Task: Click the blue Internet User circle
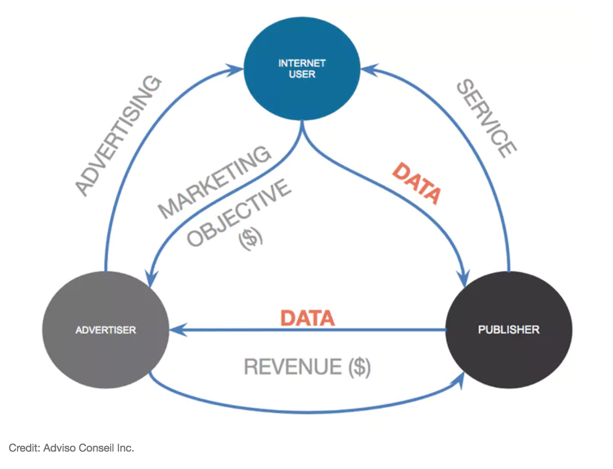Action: click(302, 69)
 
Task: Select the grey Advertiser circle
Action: click(105, 330)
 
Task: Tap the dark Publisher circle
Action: click(509, 330)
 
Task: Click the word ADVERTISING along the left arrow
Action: click(118, 136)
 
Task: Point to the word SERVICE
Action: click(486, 119)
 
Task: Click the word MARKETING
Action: click(214, 182)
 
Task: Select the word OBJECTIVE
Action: click(239, 213)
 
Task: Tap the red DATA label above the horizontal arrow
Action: click(307, 318)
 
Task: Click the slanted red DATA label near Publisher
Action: click(416, 184)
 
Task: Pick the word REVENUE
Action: click(292, 366)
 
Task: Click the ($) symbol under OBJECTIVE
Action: click(250, 239)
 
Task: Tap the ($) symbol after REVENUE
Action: click(359, 367)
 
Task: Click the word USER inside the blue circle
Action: click(302, 74)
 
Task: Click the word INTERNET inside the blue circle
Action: click(302, 63)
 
